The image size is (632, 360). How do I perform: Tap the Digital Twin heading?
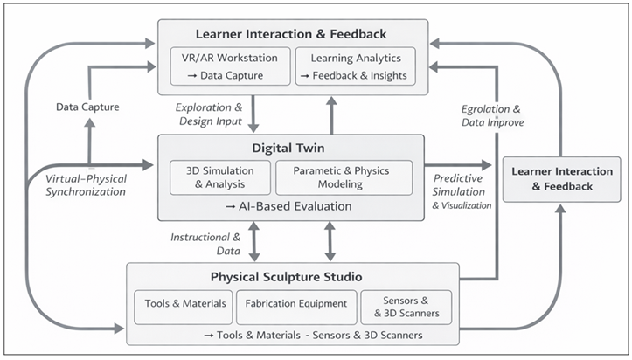pos(290,148)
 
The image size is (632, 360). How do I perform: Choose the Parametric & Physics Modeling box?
pos(344,177)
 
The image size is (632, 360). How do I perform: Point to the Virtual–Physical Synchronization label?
pos(86,183)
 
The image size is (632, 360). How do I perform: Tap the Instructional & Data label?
pos(207,243)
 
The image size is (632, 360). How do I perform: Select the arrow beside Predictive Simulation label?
pos(458,164)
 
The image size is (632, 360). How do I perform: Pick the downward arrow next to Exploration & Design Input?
pos(253,114)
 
